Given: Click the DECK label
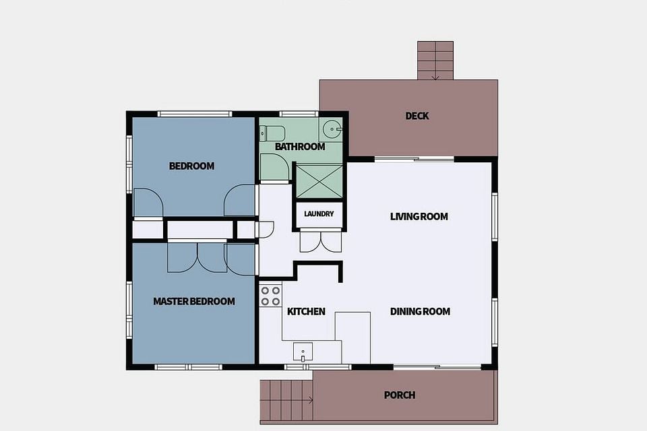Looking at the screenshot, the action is coord(417,116).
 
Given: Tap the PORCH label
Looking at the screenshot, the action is coord(400,395).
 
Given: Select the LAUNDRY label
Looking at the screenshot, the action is coord(319,214).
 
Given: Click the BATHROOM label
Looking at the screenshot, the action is coord(300,146).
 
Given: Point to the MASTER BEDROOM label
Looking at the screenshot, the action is coord(194,302).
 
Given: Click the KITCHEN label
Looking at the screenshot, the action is coord(306,311).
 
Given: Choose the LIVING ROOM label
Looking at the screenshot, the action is coord(419,217).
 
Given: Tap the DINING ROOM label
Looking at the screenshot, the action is coord(420,311).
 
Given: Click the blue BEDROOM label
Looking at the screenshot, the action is coord(192,166).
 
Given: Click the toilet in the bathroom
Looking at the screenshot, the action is coord(272,133).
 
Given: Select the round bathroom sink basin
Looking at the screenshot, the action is coord(332,129).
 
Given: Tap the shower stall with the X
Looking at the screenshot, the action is coord(319,181).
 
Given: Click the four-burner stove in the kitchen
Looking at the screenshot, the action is coord(270,296).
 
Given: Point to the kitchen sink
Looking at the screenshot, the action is coord(303,352).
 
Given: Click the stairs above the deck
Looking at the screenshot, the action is coord(435,60).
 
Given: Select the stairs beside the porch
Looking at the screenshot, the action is coord(286,400).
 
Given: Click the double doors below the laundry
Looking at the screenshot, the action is coord(321,241).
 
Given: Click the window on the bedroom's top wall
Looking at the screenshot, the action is coord(195,114).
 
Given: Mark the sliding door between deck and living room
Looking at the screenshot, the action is coord(414,159).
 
